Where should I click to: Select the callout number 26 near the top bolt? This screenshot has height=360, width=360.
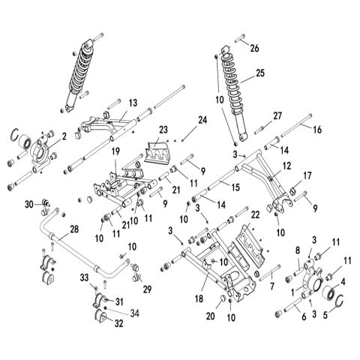pyautogui.click(x=254, y=48)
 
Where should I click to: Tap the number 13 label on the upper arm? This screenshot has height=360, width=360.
pyautogui.click(x=133, y=102)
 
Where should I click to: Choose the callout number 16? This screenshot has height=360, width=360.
pyautogui.click(x=316, y=130)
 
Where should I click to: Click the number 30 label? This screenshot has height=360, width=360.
pyautogui.click(x=28, y=204)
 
